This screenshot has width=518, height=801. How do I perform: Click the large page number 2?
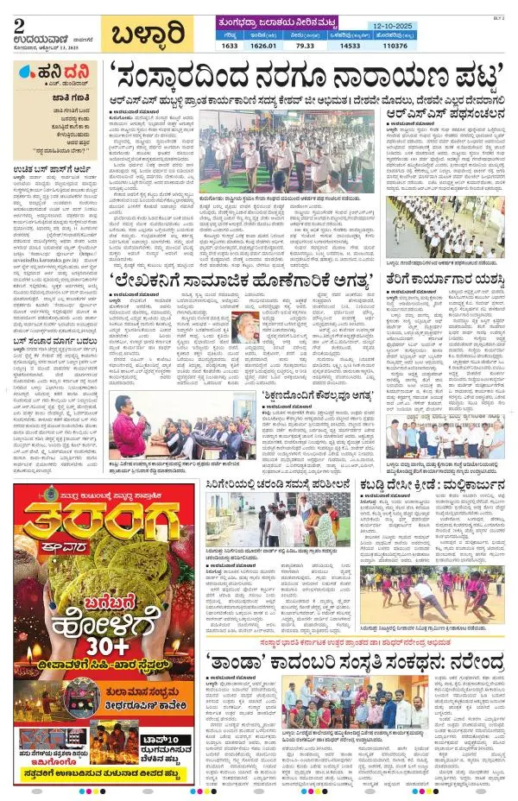click(x=19, y=23)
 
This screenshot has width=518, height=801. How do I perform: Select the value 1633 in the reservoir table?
click(x=229, y=44)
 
